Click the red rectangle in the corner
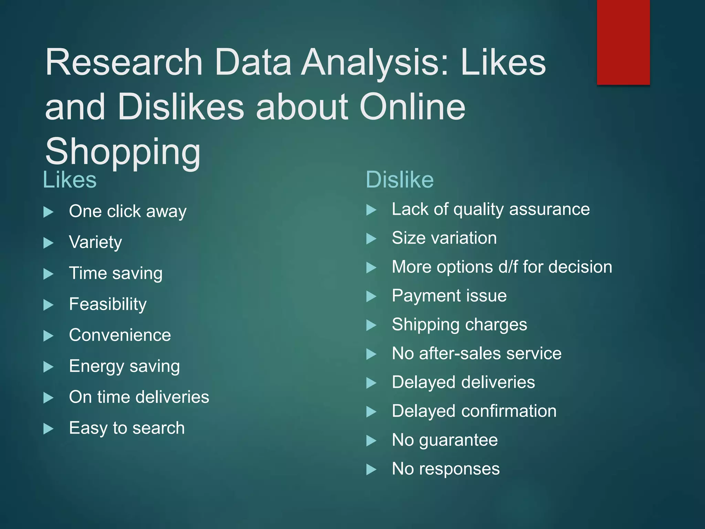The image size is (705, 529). (x=623, y=42)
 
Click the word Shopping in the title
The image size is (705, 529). (x=123, y=152)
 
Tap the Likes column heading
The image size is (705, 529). (x=70, y=180)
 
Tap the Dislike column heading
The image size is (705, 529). (x=399, y=180)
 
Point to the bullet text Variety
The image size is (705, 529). (x=95, y=242)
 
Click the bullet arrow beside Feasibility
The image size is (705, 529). (x=49, y=305)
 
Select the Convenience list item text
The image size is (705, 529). (x=120, y=335)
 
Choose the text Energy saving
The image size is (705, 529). (x=124, y=366)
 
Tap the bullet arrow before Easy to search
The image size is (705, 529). (x=49, y=429)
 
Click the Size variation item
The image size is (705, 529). (x=444, y=238)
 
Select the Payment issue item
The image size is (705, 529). (x=449, y=295)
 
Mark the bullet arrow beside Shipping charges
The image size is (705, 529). (x=371, y=325)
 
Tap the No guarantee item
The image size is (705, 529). (x=445, y=440)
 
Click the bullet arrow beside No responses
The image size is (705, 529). (x=371, y=469)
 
